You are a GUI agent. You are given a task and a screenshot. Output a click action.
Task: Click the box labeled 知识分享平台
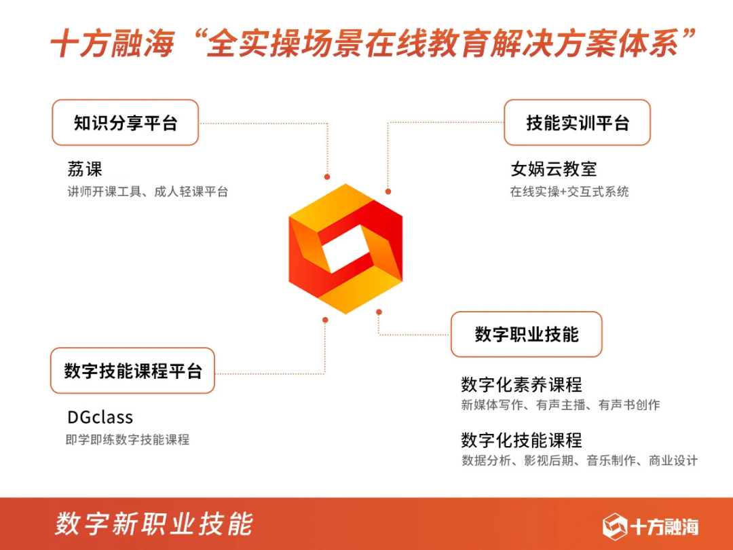126,123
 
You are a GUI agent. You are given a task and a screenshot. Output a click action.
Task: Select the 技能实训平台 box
577,123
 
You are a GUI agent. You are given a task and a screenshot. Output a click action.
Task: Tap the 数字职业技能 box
527,334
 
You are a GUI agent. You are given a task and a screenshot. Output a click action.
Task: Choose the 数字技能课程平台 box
133,371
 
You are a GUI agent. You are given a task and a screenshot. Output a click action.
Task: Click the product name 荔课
85,168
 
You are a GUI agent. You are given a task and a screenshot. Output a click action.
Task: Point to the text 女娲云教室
554,168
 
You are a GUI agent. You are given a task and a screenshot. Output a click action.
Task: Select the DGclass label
100,417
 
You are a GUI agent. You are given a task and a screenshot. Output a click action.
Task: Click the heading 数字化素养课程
521,385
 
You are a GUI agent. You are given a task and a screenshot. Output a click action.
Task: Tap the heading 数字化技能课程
521,440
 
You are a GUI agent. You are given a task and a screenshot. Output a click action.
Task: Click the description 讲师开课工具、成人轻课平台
147,192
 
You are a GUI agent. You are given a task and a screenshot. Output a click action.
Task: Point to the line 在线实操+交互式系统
569,192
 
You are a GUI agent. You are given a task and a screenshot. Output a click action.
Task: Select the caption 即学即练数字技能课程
128,440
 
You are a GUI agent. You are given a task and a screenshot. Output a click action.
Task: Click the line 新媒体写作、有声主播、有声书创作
560,405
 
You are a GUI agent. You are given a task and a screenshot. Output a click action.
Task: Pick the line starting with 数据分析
579,461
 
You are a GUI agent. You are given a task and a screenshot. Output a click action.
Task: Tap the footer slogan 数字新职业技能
154,524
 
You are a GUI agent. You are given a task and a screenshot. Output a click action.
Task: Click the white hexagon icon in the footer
614,526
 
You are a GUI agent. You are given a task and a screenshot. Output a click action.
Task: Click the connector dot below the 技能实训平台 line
388,192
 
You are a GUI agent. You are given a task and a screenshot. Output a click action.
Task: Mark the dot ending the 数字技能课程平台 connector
325,319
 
